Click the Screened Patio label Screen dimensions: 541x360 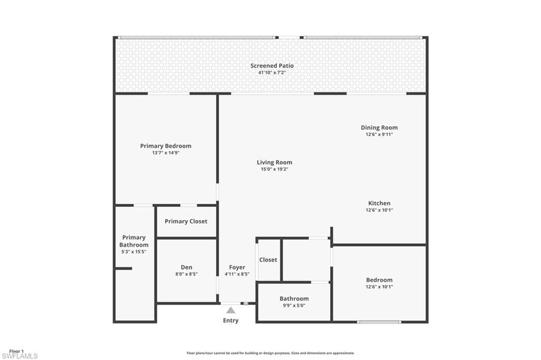(272, 65)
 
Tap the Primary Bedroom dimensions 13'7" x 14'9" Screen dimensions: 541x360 (165, 153)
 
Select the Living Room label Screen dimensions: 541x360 (274, 162)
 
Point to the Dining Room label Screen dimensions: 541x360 (379, 128)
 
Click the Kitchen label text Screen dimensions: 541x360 (379, 203)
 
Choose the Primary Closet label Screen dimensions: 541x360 (186, 221)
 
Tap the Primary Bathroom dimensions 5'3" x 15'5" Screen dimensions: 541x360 (134, 252)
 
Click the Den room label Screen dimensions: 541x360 (186, 267)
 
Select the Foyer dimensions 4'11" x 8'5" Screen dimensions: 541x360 (237, 274)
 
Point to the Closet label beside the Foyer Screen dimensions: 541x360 (268, 260)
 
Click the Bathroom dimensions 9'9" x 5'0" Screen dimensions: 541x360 (294, 306)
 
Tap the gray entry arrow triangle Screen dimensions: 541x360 (231, 310)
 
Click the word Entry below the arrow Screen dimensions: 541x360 (230, 321)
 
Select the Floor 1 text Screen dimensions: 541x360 (16, 352)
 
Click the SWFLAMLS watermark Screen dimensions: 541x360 (20, 356)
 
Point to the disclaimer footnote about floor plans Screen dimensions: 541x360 (270, 353)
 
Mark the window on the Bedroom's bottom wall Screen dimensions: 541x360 (379, 322)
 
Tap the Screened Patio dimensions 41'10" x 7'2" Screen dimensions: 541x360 (272, 73)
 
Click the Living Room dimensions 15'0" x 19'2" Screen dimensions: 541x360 (274, 169)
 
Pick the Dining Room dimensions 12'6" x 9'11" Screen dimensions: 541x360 (379, 135)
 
